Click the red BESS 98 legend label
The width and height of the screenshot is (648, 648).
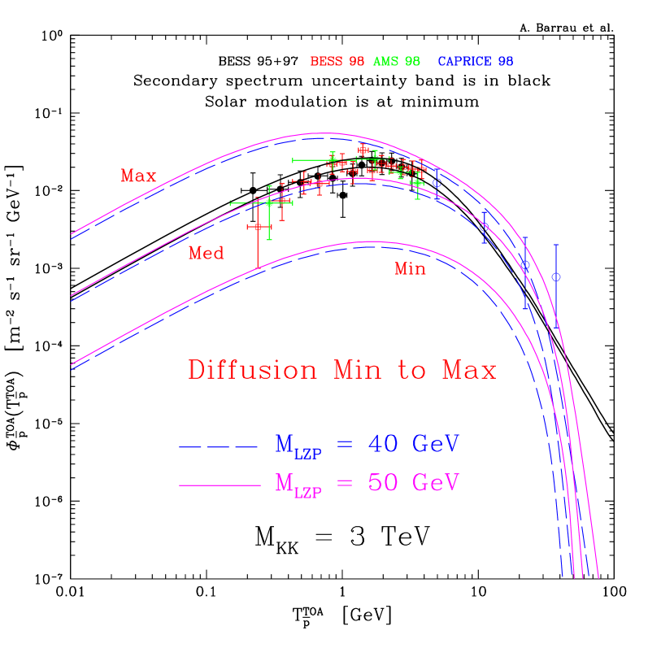click(x=337, y=62)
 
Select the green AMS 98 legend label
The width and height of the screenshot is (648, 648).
click(x=397, y=62)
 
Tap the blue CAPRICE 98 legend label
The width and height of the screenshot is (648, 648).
click(x=476, y=62)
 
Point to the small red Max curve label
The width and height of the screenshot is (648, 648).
click(x=138, y=176)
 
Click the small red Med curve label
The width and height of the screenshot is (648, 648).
click(x=206, y=253)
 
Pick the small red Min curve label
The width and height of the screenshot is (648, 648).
click(x=410, y=268)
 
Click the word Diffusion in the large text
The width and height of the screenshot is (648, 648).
click(x=252, y=370)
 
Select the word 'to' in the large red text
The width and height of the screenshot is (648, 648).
click(x=412, y=371)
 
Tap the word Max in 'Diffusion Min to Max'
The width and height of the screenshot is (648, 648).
click(x=469, y=371)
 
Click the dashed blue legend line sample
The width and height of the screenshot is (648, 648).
click(x=219, y=446)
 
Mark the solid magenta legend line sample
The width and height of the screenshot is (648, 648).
click(x=219, y=485)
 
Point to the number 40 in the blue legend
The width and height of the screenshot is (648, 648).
click(x=385, y=444)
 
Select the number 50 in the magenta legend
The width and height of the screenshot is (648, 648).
click(x=385, y=482)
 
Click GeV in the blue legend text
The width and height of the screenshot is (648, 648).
click(x=436, y=444)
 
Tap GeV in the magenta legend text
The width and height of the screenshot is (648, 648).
click(x=436, y=482)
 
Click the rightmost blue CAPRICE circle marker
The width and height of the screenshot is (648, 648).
click(x=556, y=277)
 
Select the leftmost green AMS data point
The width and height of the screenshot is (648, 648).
click(x=269, y=203)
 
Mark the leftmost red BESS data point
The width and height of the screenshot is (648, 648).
click(x=258, y=226)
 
